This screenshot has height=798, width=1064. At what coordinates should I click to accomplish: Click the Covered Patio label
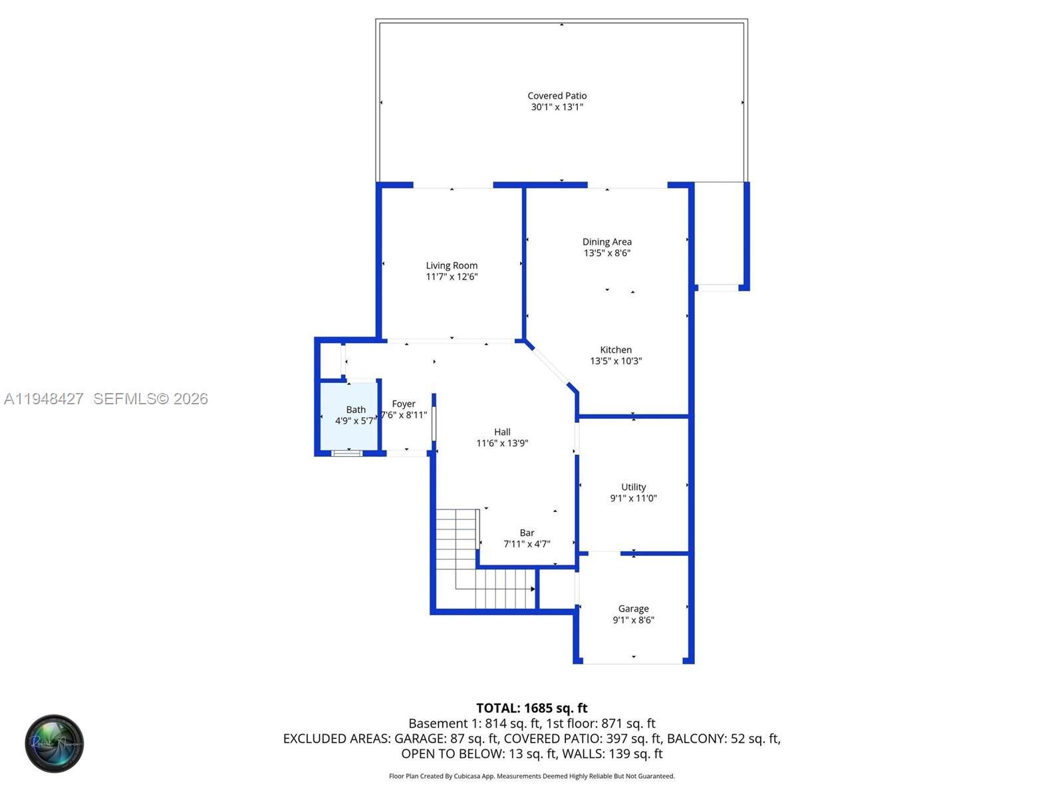point(557,96)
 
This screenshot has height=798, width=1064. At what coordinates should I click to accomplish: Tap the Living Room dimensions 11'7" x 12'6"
point(452,277)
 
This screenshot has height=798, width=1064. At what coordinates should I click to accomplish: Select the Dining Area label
point(606,242)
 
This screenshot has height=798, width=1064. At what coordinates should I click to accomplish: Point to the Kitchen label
point(616,350)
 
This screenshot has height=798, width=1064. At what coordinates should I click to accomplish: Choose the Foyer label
point(404,404)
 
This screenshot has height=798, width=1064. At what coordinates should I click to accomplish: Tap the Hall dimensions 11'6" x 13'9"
point(502,443)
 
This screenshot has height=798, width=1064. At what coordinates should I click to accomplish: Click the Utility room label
point(633,487)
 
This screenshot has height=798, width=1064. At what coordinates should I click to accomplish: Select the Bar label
point(527,533)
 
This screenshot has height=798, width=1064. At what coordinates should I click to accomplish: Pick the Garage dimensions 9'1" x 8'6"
point(633,620)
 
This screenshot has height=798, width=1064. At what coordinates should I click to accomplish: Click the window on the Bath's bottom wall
point(347,453)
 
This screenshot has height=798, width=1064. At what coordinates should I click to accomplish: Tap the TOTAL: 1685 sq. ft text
point(531,708)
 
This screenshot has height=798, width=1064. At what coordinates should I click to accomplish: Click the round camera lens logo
point(55,743)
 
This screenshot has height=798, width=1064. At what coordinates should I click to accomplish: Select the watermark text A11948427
point(44,399)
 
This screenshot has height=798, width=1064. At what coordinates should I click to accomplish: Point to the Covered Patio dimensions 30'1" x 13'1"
point(557,107)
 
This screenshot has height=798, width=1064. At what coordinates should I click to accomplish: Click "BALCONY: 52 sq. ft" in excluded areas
point(723,738)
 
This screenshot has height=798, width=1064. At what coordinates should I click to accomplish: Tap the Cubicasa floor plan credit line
point(531,776)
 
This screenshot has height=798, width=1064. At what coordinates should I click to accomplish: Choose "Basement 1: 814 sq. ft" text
point(474,724)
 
